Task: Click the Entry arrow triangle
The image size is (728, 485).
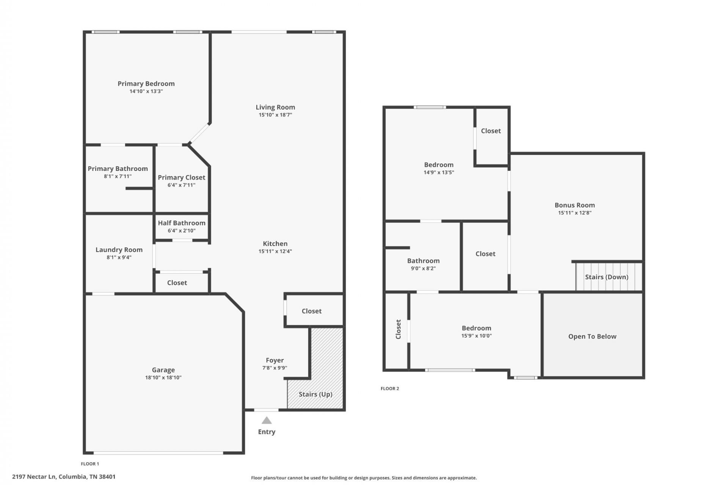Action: (x=267, y=420)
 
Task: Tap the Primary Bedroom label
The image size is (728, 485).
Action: (x=146, y=83)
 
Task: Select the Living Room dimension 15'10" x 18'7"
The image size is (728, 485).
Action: (x=275, y=115)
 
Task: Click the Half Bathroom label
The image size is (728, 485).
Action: (x=182, y=223)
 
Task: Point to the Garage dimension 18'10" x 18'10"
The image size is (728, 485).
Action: (x=163, y=377)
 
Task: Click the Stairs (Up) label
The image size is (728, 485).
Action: (x=315, y=394)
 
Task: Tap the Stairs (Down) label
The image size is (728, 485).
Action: (x=607, y=277)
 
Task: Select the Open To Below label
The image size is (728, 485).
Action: (x=592, y=336)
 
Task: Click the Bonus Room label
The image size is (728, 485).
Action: (x=575, y=205)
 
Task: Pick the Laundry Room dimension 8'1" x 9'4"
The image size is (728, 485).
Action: (x=119, y=257)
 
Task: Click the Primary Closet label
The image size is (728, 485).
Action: (x=182, y=177)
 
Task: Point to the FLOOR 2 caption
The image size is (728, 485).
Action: (x=390, y=388)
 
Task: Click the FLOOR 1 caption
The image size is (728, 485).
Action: (x=90, y=464)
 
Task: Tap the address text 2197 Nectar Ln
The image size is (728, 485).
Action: (x=34, y=477)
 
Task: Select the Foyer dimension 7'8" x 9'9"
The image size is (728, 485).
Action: (x=275, y=368)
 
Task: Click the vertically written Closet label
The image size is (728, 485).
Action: (x=398, y=329)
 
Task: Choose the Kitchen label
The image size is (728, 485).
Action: (x=275, y=244)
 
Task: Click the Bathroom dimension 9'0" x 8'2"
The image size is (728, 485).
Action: (x=424, y=268)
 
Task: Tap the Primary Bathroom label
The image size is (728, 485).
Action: (x=118, y=169)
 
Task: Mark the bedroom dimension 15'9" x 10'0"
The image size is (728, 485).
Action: (x=477, y=336)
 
